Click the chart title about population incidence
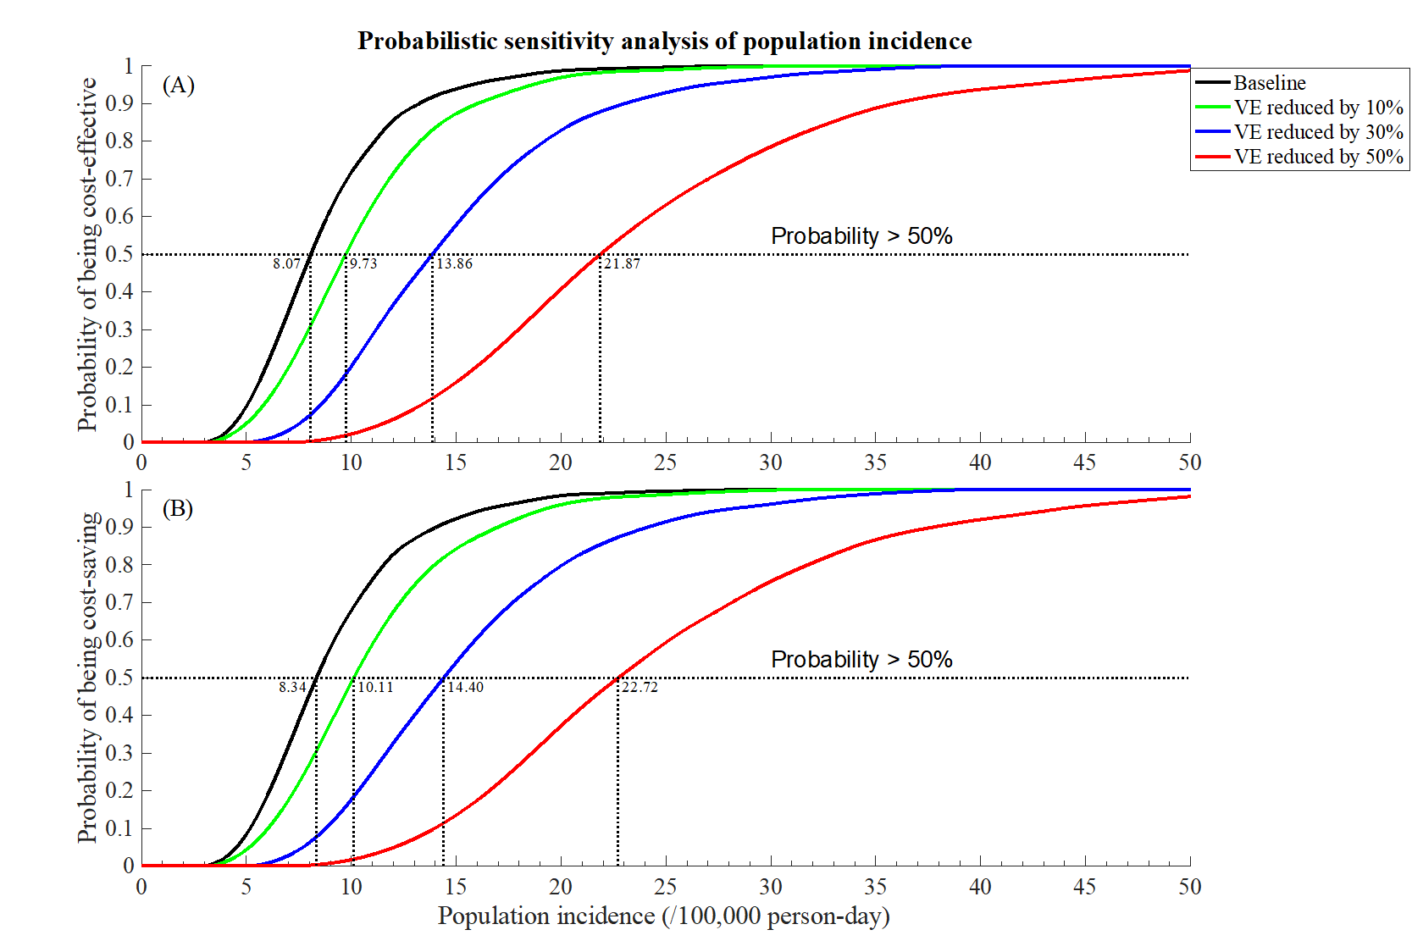664,42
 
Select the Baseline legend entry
1269,83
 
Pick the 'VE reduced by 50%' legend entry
1317,157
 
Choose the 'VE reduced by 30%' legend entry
1317,132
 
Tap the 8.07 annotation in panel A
286,263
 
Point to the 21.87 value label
622,263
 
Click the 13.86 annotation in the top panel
454,263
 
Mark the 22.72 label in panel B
640,687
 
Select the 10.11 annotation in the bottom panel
375,687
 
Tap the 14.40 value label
465,687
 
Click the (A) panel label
179,86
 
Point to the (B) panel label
178,508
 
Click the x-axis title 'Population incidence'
663,916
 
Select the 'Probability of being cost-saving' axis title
87,678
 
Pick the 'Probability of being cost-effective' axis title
87,254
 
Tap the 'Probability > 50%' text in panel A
861,236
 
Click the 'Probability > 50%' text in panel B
861,660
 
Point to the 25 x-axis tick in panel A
665,462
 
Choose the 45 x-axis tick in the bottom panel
1084,887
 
